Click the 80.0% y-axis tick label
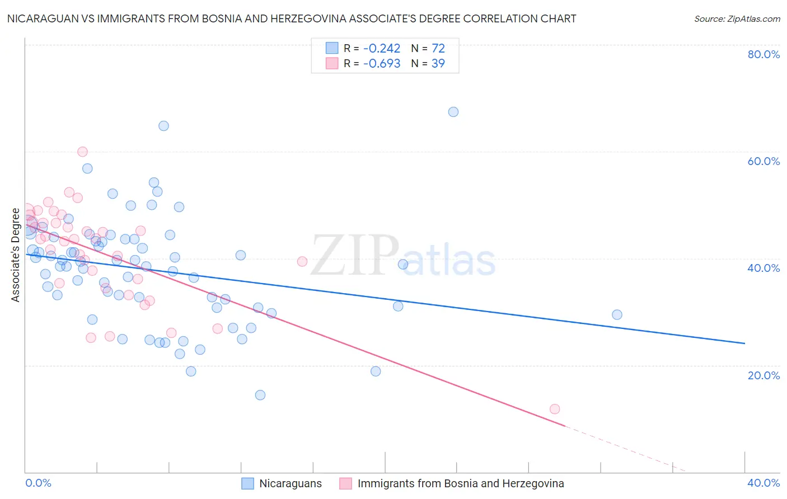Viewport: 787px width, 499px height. (763, 54)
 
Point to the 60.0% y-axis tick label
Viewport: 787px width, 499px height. (763, 161)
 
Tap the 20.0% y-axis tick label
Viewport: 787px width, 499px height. (763, 375)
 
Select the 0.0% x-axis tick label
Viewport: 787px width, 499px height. (38, 483)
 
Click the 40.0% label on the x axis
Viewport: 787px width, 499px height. (763, 483)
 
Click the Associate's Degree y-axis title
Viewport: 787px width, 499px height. (16, 255)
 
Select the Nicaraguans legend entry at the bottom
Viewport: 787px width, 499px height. (290, 483)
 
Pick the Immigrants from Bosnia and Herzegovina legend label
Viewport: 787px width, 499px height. (461, 483)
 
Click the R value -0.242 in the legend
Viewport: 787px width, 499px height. (382, 48)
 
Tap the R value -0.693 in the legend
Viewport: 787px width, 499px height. (382, 63)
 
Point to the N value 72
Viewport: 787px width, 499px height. (438, 48)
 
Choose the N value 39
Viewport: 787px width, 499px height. (438, 63)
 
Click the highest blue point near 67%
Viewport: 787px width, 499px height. (453, 112)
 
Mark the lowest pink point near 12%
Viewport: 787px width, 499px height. (555, 409)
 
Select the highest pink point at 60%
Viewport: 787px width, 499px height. (82, 152)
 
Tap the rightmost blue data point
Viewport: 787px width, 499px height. (617, 314)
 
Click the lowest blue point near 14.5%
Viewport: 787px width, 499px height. (260, 395)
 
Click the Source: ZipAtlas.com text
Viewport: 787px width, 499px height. (737, 19)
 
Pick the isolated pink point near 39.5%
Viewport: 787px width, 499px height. (302, 261)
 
